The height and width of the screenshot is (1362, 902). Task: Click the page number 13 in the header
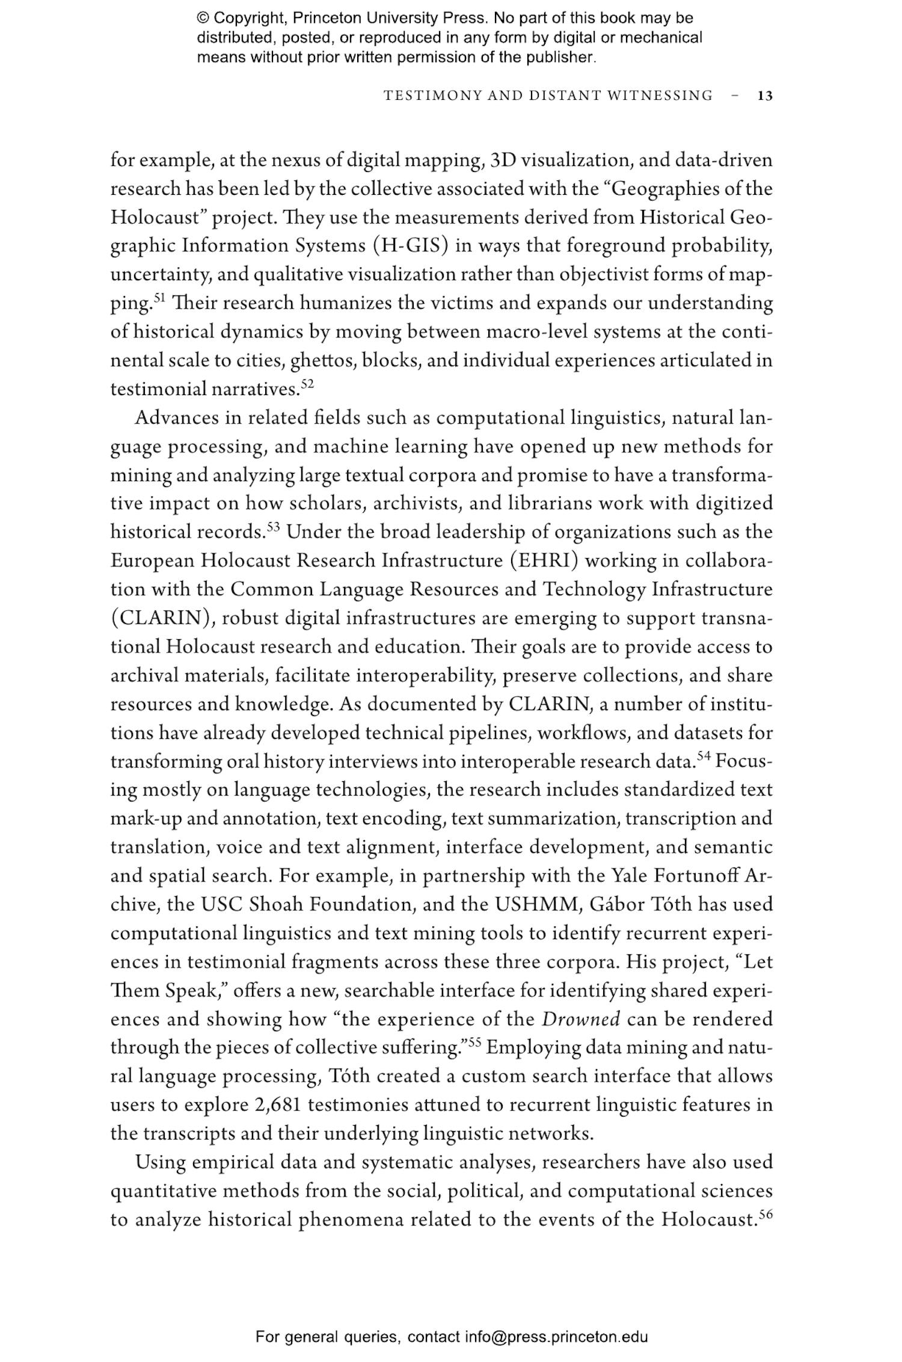tap(765, 96)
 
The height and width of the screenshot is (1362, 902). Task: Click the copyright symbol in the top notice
tap(203, 18)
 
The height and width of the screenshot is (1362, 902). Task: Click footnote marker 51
tap(159, 298)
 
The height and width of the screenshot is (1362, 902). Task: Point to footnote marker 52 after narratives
tap(307, 383)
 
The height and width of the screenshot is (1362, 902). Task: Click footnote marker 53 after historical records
tap(274, 527)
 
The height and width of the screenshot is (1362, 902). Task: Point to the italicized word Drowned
tap(580, 1019)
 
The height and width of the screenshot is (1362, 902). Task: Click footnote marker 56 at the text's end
tap(765, 1214)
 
